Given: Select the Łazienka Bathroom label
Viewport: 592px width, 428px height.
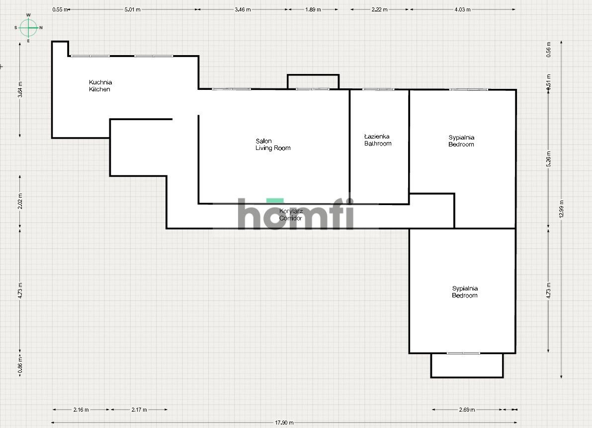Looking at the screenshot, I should [x=378, y=140].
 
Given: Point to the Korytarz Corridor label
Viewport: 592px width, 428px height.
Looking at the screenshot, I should [x=291, y=214].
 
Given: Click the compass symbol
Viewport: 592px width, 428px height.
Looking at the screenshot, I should [x=28, y=28].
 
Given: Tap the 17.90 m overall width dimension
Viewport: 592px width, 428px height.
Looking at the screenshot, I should [x=284, y=423].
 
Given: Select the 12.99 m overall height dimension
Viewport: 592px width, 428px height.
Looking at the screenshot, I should [x=561, y=209].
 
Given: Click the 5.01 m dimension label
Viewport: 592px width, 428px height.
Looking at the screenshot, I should [x=132, y=9].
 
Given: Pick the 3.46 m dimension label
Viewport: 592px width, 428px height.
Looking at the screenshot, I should [x=242, y=9].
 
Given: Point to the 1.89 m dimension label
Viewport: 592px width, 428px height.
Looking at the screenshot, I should [x=313, y=9].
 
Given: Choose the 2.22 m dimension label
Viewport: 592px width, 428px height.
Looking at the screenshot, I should [x=379, y=9].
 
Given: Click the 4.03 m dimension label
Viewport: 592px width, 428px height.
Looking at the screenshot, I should [x=462, y=9].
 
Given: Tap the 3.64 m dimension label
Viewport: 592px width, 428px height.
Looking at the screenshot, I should [x=20, y=90].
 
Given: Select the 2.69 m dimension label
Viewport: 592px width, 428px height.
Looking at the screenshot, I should [x=467, y=410].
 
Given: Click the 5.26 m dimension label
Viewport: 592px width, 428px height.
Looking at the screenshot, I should [x=549, y=159].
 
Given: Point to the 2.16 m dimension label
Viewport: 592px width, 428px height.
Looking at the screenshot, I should [x=81, y=410].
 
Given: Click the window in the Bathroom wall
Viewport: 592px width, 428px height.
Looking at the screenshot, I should [x=378, y=89].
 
